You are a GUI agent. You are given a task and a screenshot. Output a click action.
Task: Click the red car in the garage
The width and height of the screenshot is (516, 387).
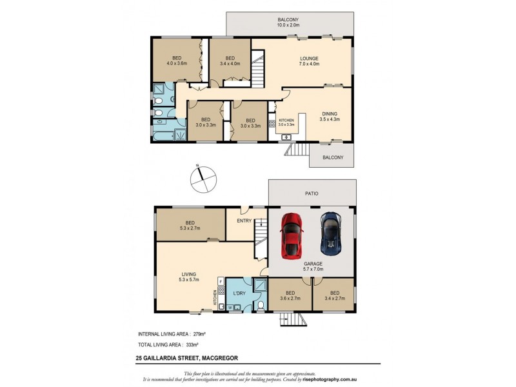click(x=292, y=235)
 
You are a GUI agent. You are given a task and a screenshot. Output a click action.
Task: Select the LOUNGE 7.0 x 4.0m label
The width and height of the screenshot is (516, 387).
click(x=309, y=61)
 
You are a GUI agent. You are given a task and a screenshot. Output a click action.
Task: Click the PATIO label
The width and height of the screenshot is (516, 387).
click(x=312, y=193)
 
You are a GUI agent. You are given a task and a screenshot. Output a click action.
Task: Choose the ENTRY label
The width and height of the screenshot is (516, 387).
click(x=244, y=221)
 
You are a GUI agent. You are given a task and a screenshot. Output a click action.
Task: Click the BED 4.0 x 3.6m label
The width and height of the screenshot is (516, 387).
click(x=176, y=61)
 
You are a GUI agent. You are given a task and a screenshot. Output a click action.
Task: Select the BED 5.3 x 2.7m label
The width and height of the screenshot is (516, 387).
click(x=190, y=225)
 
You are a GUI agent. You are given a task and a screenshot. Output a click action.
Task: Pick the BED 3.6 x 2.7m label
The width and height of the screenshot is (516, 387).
click(x=290, y=295)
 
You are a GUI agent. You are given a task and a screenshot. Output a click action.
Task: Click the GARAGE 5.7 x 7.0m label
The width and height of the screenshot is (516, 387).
click(x=313, y=266)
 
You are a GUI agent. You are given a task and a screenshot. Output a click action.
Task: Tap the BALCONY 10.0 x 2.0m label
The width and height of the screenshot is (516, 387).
click(x=290, y=23)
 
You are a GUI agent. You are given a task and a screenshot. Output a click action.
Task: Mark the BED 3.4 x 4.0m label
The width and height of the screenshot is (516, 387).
click(x=230, y=61)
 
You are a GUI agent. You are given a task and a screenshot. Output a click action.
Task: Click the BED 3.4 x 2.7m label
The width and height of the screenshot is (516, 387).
click(x=334, y=295)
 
